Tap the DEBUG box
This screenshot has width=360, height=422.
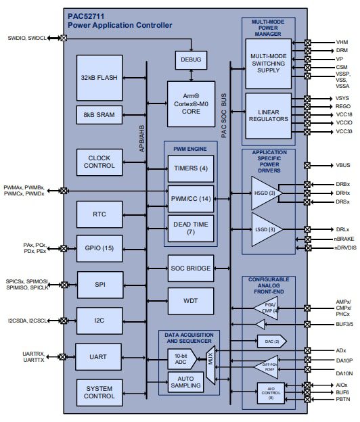191,60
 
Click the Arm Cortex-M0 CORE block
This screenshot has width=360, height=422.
191,103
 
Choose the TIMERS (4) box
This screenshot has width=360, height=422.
190,168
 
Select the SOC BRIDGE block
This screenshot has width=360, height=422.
190,268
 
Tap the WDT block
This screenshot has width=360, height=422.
190,300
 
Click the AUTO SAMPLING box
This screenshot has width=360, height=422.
185,383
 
